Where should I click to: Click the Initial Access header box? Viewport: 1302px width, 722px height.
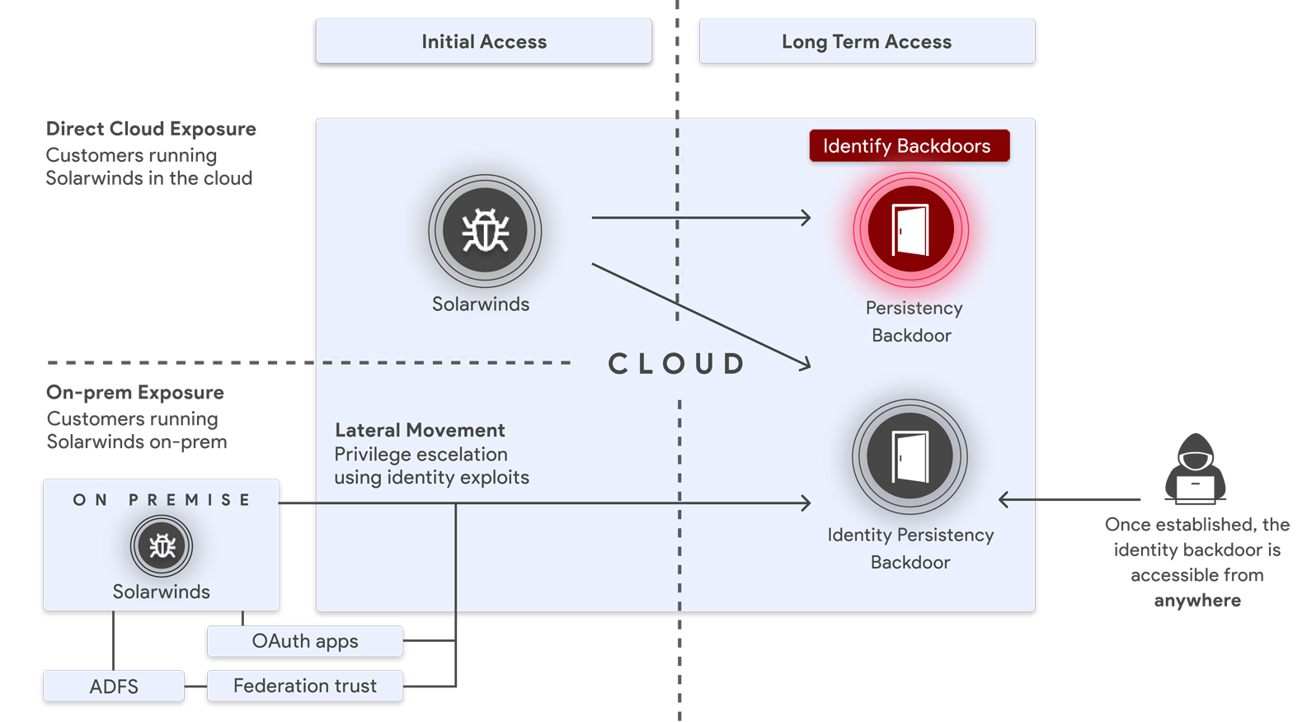[483, 40]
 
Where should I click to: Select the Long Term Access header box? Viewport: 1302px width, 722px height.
[867, 40]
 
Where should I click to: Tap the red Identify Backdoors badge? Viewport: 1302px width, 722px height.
[910, 145]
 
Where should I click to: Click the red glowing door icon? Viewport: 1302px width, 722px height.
[911, 230]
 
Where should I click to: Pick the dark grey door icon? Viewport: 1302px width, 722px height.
[910, 456]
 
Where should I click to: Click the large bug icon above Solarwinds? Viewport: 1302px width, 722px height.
[485, 231]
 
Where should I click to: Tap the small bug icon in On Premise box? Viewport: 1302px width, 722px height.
[162, 546]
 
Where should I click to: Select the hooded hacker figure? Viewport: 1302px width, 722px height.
[1195, 469]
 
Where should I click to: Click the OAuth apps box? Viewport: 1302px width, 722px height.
[305, 641]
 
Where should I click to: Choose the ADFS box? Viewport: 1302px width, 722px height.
[114, 687]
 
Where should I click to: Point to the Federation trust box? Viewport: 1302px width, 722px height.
[305, 686]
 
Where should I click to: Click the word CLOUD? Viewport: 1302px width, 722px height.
[676, 364]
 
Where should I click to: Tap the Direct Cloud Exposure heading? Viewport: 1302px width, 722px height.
[151, 129]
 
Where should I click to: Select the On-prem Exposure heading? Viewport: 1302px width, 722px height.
[135, 392]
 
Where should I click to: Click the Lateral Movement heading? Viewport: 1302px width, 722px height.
[420, 430]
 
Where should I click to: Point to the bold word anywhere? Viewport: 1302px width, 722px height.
[1197, 601]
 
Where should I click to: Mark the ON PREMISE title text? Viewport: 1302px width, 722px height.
[162, 500]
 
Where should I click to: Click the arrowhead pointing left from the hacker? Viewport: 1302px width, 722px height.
[1004, 499]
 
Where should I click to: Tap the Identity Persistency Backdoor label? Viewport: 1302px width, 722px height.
[911, 548]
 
